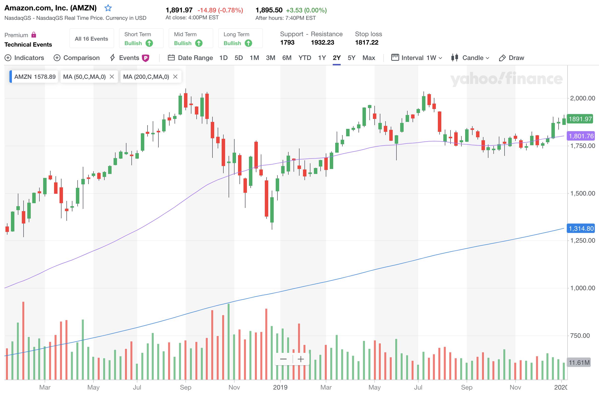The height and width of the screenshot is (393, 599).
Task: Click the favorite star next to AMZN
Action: (108, 8)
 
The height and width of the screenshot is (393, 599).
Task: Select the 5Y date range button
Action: (351, 58)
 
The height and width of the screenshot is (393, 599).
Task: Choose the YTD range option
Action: (304, 58)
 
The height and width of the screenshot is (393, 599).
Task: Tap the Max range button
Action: (368, 58)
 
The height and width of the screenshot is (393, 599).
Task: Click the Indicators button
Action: (24, 58)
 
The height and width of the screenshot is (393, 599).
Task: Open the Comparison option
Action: (77, 58)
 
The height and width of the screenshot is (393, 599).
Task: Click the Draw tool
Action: (511, 58)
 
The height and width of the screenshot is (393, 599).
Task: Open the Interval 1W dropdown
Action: (417, 58)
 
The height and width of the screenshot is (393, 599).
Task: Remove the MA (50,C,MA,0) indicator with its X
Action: (112, 77)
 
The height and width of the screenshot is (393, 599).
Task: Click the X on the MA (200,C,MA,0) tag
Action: (176, 77)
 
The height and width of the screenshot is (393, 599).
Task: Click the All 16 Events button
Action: (91, 39)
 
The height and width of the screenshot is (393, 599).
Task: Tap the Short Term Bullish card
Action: (141, 38)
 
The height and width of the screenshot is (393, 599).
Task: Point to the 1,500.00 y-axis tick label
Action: (582, 193)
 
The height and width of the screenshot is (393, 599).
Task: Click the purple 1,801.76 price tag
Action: (581, 136)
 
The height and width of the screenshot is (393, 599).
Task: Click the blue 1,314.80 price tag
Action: (581, 228)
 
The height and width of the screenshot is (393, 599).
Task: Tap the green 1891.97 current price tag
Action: (580, 119)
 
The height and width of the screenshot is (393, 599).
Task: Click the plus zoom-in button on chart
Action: (300, 359)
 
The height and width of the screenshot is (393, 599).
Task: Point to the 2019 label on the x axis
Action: (280, 387)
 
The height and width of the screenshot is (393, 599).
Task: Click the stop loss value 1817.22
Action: (366, 43)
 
